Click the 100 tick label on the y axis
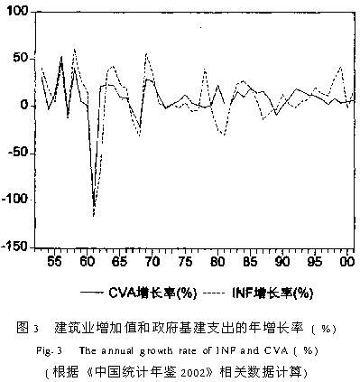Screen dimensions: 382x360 17,12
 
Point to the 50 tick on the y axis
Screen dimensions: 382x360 21,59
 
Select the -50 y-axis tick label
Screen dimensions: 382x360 17,153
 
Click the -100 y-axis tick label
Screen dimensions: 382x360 14,200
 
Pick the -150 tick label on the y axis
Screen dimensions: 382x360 14,247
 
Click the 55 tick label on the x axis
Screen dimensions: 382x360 54,261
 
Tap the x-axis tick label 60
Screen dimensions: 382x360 87,261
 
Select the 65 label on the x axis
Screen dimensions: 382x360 119,261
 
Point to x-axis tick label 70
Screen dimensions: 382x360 152,261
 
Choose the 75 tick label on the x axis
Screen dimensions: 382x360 184,261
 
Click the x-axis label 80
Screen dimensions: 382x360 217,261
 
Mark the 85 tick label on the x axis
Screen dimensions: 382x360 249,261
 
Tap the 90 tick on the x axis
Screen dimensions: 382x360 282,261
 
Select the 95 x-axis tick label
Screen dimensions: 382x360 314,261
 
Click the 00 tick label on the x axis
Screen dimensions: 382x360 346,261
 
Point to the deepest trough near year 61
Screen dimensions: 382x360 93,216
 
